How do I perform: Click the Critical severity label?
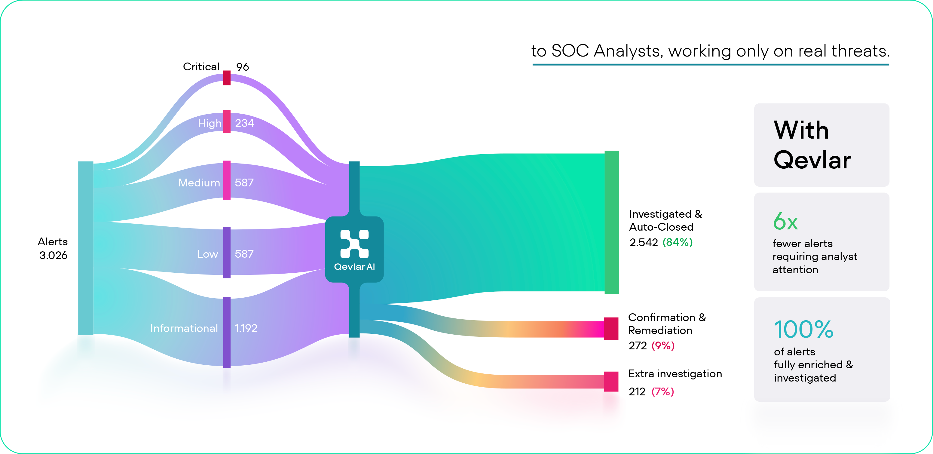coord(201,67)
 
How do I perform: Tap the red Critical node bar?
coord(227,78)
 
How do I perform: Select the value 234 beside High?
coord(244,123)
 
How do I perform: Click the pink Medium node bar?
coord(227,180)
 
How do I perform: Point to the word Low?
coord(207,254)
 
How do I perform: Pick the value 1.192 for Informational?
coord(246,328)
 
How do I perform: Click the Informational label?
coord(184,328)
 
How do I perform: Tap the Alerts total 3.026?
coord(53,256)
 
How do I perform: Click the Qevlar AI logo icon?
coord(354,244)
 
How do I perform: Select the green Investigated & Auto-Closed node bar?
coord(612,222)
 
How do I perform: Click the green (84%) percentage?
coord(677,242)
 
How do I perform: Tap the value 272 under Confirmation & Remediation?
coord(638,346)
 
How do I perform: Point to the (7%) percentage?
coord(662,392)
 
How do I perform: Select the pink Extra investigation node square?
coord(611,382)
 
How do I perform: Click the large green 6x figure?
coord(785,221)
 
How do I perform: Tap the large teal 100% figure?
coord(804,329)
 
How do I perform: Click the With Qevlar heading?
coord(812,145)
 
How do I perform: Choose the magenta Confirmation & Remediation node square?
coord(611,329)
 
